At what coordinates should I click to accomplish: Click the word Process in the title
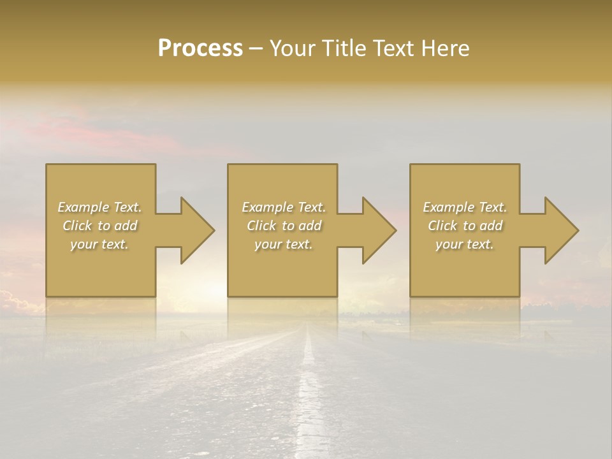click(x=200, y=48)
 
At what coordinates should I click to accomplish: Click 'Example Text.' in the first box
click(x=99, y=207)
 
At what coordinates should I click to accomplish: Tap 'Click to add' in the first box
click(x=99, y=226)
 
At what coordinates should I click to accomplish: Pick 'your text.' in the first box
click(x=99, y=244)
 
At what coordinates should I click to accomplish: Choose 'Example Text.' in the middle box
click(x=284, y=207)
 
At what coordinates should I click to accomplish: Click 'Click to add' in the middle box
click(x=284, y=226)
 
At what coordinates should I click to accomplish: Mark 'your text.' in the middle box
click(x=284, y=244)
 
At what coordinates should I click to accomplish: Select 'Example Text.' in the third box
click(x=465, y=207)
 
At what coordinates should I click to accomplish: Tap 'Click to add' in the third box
click(x=465, y=226)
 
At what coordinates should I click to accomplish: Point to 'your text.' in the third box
click(x=465, y=244)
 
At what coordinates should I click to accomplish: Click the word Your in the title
click(x=293, y=48)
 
